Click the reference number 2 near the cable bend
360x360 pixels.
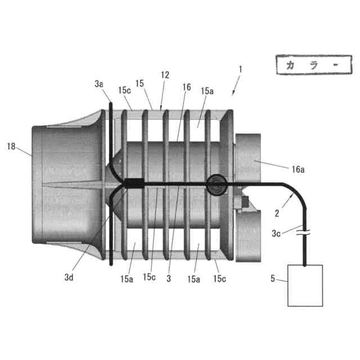point(277,213)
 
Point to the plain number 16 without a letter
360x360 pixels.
point(187,87)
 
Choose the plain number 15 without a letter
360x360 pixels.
point(140,83)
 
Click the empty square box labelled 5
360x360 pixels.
point(305,285)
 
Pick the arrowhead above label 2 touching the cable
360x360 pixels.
point(291,193)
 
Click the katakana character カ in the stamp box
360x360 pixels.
point(291,65)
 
